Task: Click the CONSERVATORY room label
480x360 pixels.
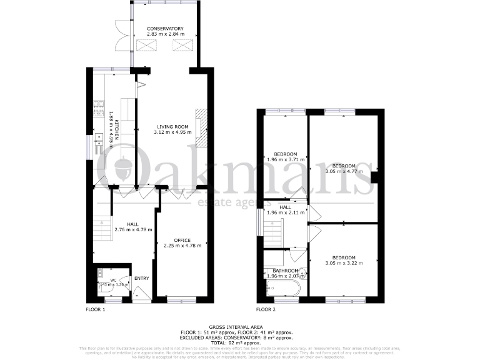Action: coord(165,29)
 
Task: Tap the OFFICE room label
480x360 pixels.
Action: coord(182,240)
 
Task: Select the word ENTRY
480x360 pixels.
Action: coord(142,278)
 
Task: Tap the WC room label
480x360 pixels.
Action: coord(113,280)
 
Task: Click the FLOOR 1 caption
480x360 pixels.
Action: coord(95,309)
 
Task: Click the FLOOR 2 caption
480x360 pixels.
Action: coord(266,309)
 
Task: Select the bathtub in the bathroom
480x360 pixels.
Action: coord(283,287)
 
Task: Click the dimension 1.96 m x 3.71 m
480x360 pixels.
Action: coord(285,159)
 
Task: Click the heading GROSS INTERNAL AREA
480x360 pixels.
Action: coord(236,326)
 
